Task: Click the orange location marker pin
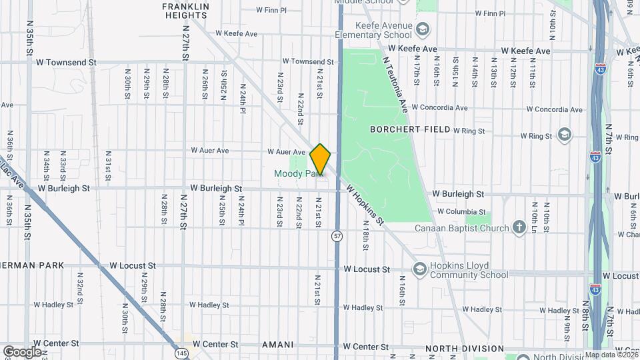coord(321,159)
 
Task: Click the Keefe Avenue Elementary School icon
coord(423,29)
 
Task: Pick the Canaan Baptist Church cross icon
coord(519,228)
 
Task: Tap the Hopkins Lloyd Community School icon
coord(419,269)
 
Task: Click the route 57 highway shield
coord(337,235)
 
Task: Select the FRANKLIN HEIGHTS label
coord(186,10)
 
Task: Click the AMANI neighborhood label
coord(278,345)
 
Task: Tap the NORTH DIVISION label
coord(464,348)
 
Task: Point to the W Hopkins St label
coord(366,204)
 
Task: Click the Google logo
coord(21,351)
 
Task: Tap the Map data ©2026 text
coord(611,355)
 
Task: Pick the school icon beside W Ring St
coord(565,135)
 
